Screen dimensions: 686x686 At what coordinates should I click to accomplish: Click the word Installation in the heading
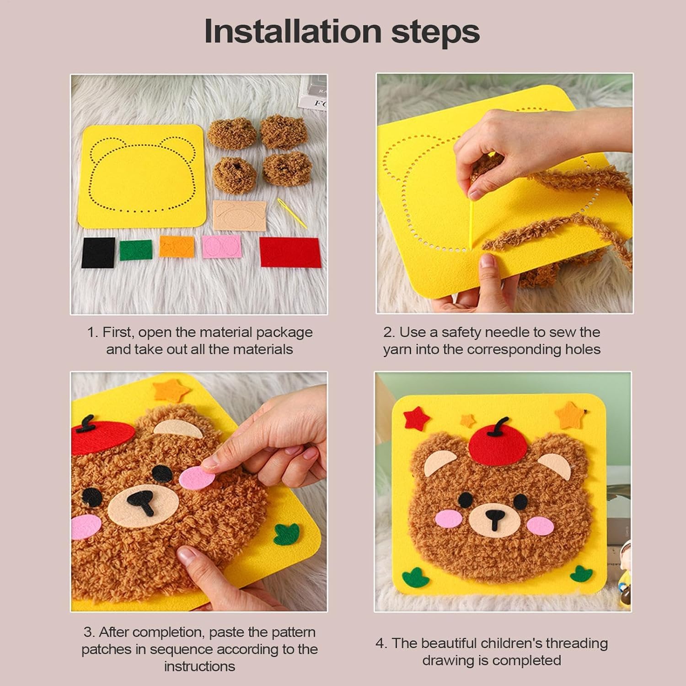[x=293, y=31]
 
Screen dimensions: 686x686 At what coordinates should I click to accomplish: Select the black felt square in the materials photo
[x=98, y=252]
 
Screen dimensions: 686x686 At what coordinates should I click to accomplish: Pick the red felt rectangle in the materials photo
[x=290, y=252]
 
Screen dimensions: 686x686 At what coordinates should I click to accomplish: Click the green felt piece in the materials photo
[x=136, y=250]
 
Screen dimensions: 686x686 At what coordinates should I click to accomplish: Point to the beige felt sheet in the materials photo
[x=240, y=215]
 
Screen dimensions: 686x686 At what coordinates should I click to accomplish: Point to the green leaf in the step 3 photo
[x=287, y=535]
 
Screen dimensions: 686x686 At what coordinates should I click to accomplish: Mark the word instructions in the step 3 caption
[x=199, y=666]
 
